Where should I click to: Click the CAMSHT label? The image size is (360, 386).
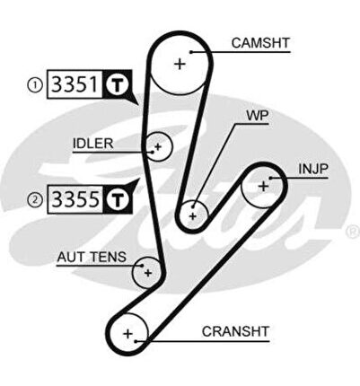pos(260,43)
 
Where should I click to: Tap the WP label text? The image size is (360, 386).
pos(257,116)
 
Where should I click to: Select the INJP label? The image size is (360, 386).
pos(313,170)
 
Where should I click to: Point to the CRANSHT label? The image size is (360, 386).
pos(235,331)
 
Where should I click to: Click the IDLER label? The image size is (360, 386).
pos(93,144)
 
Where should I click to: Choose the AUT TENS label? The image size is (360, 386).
pos(92,257)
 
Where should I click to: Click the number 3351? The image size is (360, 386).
pos(75,84)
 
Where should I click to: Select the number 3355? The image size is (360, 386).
pos(75,199)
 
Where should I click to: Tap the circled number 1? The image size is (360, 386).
pos(35,85)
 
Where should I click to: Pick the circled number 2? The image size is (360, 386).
pos(35,200)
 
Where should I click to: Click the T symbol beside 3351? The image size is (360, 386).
pos(118,84)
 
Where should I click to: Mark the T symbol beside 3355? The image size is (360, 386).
pos(118,199)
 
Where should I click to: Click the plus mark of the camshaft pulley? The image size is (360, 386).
pos(180,64)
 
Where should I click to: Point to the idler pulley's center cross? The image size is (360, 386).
pos(158,146)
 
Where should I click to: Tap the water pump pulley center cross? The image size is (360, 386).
pos(193,216)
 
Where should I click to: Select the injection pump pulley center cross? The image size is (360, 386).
pos(263,187)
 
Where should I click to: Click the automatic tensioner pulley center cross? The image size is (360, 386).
pos(148,273)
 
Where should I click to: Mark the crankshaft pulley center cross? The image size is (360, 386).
pos(127,333)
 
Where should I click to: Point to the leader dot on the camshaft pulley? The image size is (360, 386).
pos(191,52)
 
